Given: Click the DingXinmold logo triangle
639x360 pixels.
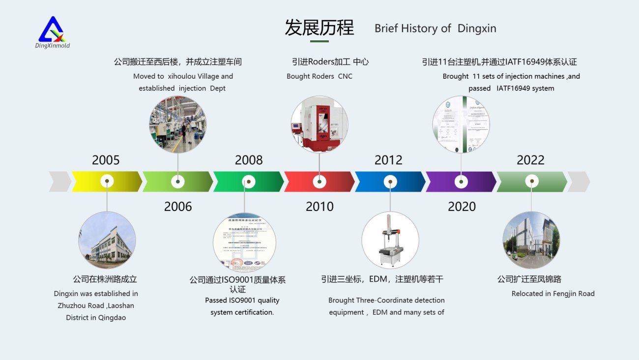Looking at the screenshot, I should pos(52,30).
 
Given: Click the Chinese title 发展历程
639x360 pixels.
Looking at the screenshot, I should pos(319,28).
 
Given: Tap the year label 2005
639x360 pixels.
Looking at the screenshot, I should pos(106,160).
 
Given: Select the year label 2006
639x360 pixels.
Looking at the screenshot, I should pos(178,207).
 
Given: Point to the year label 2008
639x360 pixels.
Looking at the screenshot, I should pos(249,160).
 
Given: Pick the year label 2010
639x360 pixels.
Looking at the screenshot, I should pos(319,207).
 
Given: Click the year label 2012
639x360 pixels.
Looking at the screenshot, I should pos(388,160).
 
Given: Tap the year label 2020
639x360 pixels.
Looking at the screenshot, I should pos(462,207).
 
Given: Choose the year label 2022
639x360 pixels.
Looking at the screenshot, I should pos(530,160).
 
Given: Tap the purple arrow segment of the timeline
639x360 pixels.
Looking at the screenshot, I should pos(442,181).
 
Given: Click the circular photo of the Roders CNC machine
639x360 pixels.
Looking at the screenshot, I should pos(319,124).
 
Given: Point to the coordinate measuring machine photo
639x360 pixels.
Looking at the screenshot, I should pos(390,240).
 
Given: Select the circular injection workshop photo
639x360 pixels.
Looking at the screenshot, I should pos(178,124).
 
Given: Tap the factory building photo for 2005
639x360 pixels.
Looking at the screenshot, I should pos(107,240).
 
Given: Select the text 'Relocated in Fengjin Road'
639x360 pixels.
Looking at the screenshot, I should pos(553,294).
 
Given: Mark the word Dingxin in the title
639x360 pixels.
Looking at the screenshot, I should pos(477,29).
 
